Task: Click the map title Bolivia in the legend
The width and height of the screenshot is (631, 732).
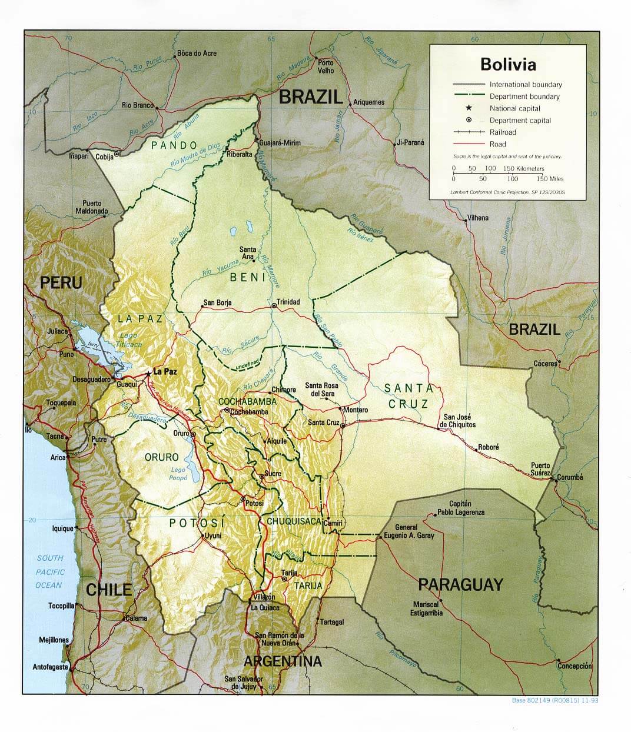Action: [508, 64]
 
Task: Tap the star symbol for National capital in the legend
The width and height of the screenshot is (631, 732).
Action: [469, 108]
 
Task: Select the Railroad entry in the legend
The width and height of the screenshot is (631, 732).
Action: [502, 132]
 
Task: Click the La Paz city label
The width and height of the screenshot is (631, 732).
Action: [165, 372]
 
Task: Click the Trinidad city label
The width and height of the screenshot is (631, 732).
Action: [288, 302]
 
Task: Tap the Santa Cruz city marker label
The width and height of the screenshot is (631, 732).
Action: [323, 422]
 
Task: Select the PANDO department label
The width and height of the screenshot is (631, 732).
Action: [174, 145]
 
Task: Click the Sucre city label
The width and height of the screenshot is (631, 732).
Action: [273, 473]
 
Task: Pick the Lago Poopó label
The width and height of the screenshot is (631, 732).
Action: [178, 474]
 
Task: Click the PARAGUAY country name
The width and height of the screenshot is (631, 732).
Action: [460, 584]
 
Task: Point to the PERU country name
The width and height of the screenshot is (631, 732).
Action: [61, 283]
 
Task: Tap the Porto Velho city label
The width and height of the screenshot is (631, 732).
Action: [326, 66]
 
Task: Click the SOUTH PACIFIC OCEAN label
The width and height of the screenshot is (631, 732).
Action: [50, 571]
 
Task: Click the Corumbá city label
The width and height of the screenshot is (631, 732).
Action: [570, 477]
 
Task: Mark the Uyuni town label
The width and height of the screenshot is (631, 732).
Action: [212, 536]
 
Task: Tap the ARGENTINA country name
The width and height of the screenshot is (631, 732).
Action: [283, 661]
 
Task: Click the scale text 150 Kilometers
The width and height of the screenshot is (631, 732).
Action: [523, 168]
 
